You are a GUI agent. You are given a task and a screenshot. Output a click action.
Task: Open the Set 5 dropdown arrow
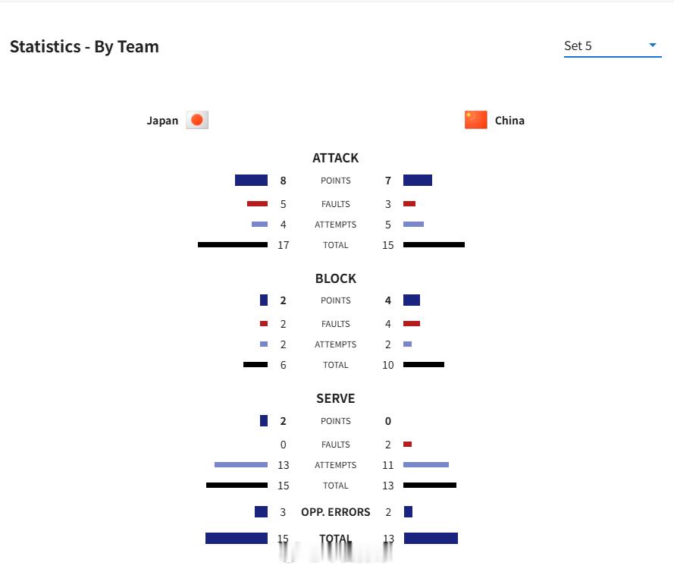pyautogui.click(x=653, y=45)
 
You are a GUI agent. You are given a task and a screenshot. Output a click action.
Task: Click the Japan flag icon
pyautogui.click(x=197, y=120)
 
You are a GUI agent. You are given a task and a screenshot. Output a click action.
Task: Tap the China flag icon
pyautogui.click(x=476, y=120)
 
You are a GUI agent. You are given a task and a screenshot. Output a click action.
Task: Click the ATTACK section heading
pyautogui.click(x=335, y=158)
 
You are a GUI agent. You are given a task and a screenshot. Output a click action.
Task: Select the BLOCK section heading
pyautogui.click(x=336, y=278)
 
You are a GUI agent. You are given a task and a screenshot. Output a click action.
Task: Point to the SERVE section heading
pyautogui.click(x=336, y=399)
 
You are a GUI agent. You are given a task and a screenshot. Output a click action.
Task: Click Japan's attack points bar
pyautogui.click(x=251, y=181)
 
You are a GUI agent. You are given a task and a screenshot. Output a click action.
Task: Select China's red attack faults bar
pyautogui.click(x=409, y=203)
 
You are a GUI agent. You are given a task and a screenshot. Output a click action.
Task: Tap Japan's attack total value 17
pyautogui.click(x=284, y=245)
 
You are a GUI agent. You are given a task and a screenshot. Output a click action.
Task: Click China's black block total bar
pyautogui.click(x=424, y=365)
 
